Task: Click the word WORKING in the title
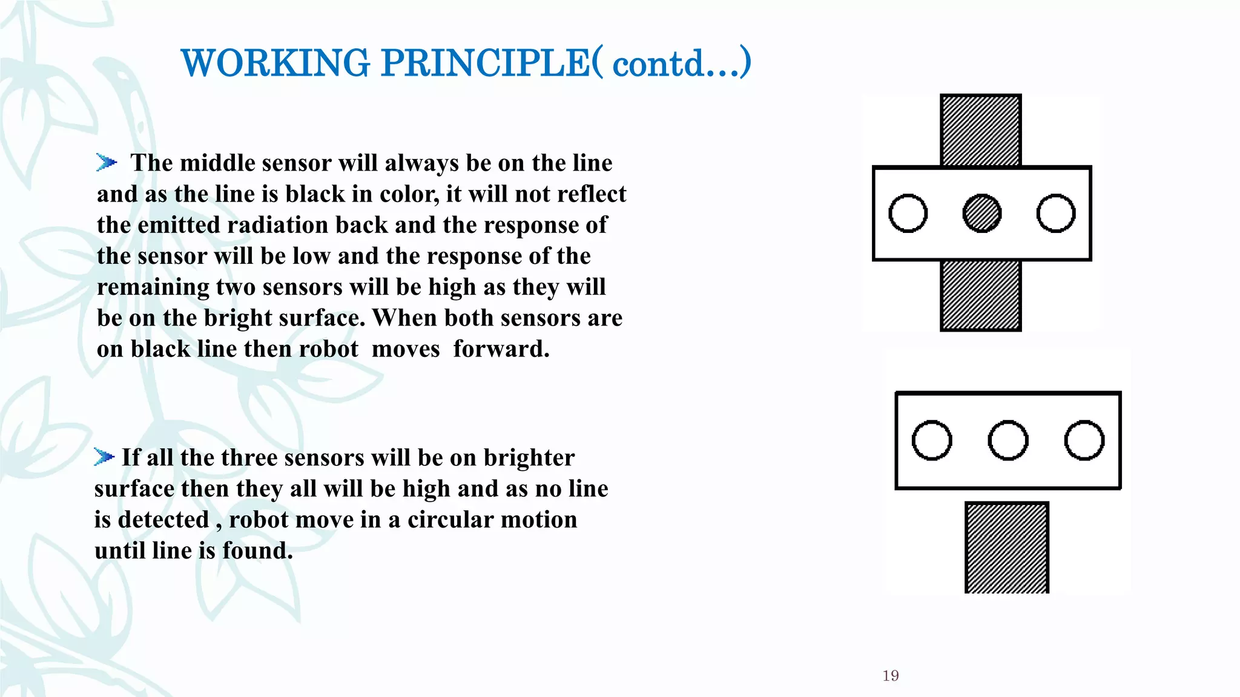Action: pos(275,63)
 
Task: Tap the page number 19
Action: pos(891,676)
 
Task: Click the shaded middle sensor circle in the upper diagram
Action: pos(981,214)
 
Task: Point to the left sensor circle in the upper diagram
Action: pos(908,214)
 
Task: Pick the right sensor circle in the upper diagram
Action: pos(1056,214)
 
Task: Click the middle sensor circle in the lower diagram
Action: pos(1007,440)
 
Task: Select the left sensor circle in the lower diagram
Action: pos(932,440)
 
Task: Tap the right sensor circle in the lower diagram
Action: pos(1084,440)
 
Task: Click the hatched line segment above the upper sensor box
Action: pos(981,130)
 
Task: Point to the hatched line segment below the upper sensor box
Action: pos(981,295)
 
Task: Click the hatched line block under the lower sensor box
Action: pos(1006,548)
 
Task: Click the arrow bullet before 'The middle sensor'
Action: pos(106,162)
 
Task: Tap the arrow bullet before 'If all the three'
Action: pos(104,457)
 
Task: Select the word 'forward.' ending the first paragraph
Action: pos(501,349)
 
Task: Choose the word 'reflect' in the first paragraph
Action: pos(592,194)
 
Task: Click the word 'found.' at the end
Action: pos(257,551)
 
